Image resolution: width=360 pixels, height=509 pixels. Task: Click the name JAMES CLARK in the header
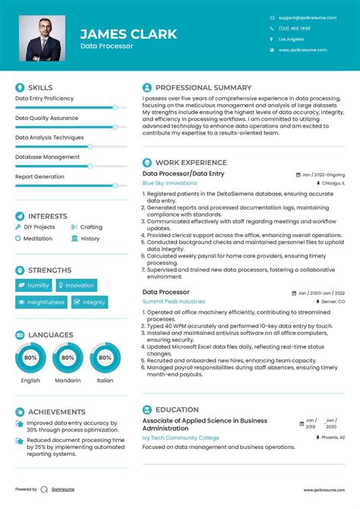point(128,33)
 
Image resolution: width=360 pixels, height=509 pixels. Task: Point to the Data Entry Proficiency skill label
point(44,98)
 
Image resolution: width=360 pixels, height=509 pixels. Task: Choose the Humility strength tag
point(35,286)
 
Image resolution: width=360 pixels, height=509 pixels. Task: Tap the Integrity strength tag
point(90,302)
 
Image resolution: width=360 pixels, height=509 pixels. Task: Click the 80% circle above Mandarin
point(68,357)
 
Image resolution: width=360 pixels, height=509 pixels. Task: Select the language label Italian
point(105,380)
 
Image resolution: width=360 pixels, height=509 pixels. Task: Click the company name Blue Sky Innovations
point(169,183)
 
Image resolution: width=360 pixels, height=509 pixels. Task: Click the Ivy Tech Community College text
point(181,438)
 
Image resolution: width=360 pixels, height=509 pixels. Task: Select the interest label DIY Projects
point(39,227)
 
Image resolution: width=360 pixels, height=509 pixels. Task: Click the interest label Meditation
point(37,239)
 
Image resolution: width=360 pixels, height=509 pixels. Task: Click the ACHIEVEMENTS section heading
point(57,412)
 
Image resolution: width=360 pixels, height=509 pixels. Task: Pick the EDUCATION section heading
point(177,409)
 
